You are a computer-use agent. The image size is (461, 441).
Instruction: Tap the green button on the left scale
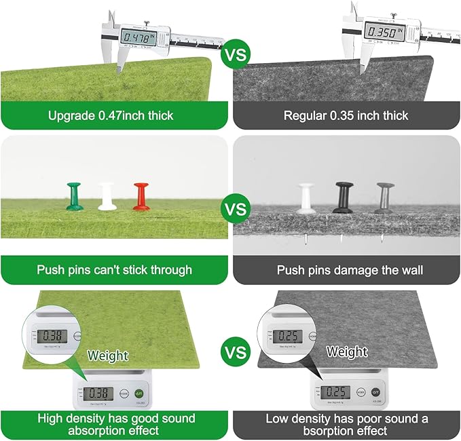pyautogui.click(x=139, y=393)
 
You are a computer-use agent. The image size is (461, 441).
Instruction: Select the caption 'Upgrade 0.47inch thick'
pyautogui.click(x=111, y=115)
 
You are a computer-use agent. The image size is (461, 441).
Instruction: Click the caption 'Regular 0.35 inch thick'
pyautogui.click(x=346, y=115)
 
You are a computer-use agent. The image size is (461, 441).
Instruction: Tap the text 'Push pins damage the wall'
pyautogui.click(x=350, y=270)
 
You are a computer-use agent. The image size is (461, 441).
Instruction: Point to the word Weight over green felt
pyautogui.click(x=107, y=356)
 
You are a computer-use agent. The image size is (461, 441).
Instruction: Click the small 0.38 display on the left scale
pyautogui.click(x=98, y=393)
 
